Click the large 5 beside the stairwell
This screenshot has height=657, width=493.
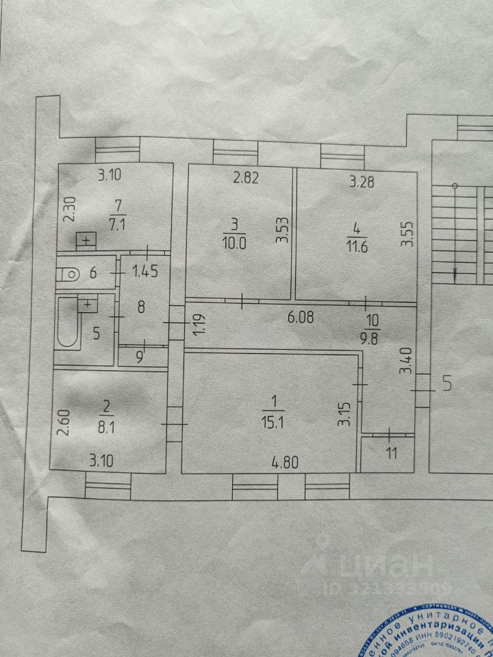point(447,384)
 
